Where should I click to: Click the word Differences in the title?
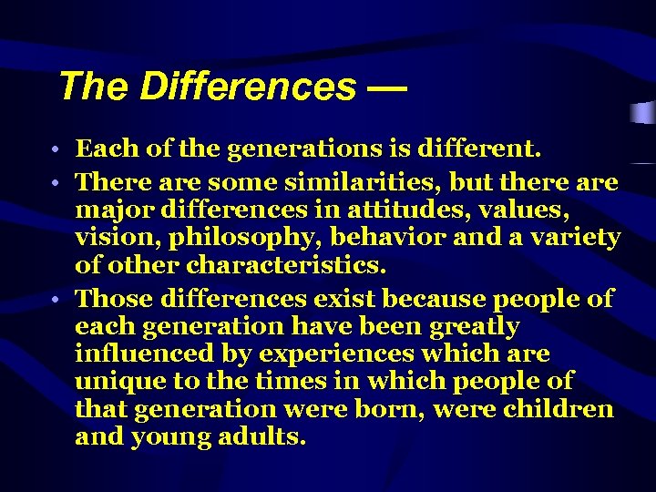(247, 87)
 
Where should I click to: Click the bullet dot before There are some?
(56, 183)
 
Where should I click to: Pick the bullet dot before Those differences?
(56, 300)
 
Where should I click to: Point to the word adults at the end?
(260, 436)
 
